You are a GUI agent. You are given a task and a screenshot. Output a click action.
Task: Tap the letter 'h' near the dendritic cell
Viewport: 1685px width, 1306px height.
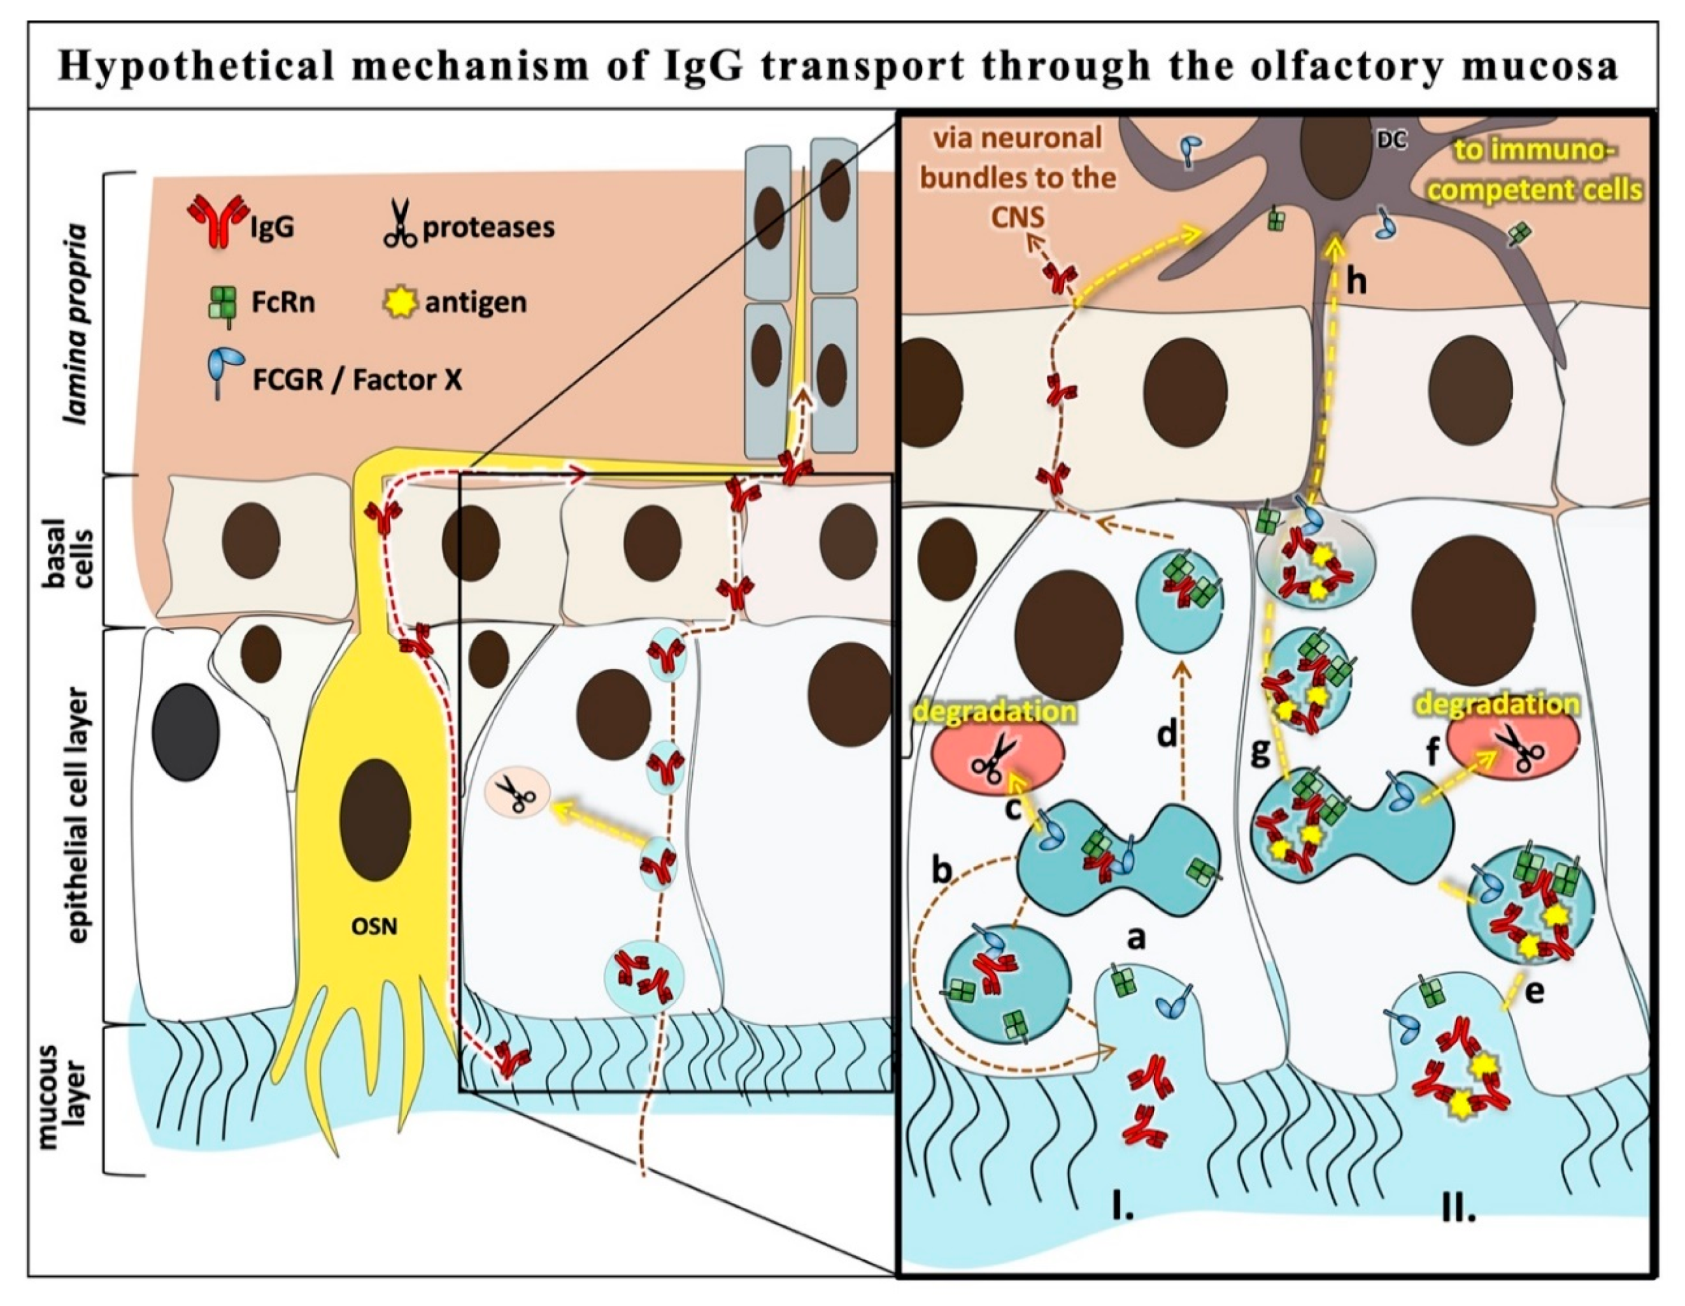pyautogui.click(x=1356, y=282)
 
